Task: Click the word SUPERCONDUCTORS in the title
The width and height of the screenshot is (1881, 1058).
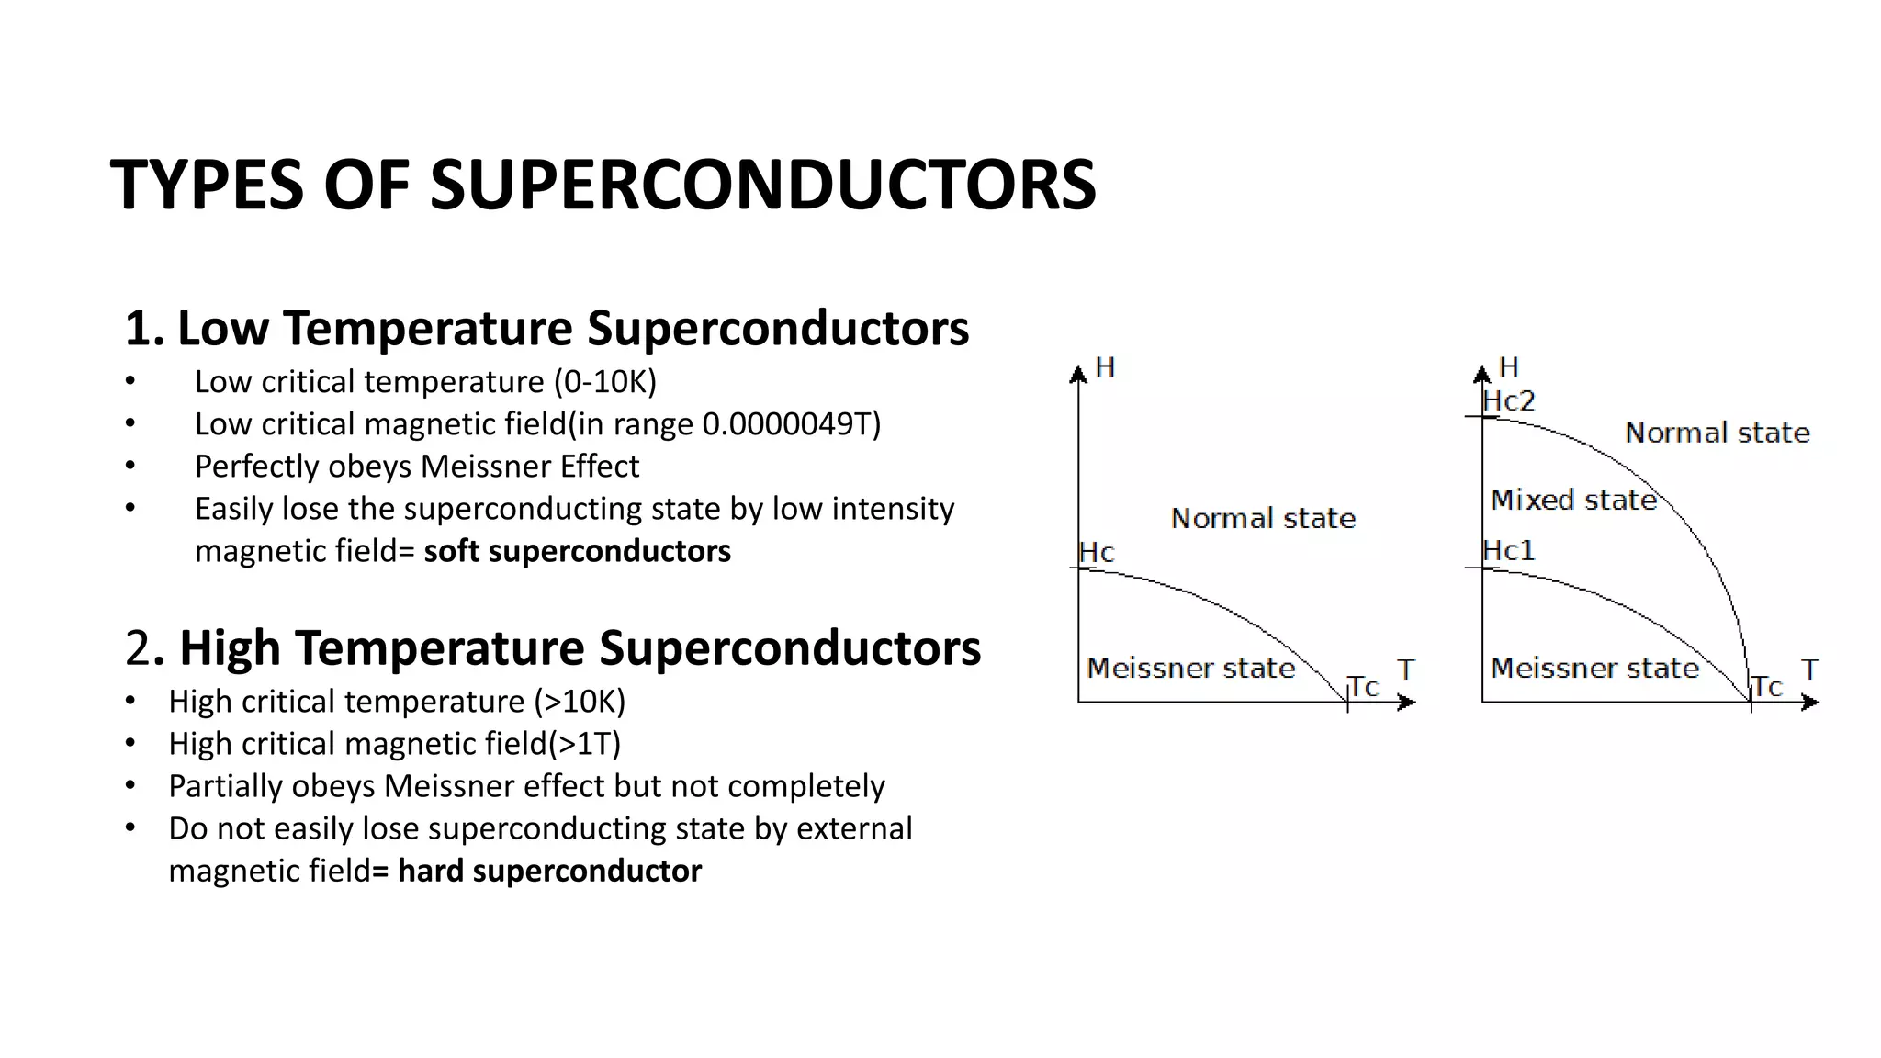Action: (x=762, y=185)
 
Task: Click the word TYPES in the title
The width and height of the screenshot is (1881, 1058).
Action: (x=207, y=185)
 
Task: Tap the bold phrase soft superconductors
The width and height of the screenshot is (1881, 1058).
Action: (x=577, y=551)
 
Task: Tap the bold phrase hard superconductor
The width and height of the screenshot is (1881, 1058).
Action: (x=549, y=871)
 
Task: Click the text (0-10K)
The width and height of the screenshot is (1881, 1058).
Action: (x=604, y=382)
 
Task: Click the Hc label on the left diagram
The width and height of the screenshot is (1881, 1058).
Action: (x=1097, y=553)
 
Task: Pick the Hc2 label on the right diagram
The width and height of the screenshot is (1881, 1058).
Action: (x=1508, y=401)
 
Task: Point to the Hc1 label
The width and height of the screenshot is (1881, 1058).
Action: (x=1508, y=551)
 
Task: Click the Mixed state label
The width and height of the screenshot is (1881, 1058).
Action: (x=1573, y=501)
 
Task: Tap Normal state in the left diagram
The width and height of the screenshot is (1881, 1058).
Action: (x=1263, y=519)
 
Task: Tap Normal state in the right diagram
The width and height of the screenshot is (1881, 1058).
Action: (x=1717, y=433)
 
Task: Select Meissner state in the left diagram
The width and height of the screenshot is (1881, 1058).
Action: (x=1190, y=668)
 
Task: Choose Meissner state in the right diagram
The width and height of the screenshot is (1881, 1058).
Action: (x=1594, y=668)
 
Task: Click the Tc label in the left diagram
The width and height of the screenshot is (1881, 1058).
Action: (x=1364, y=687)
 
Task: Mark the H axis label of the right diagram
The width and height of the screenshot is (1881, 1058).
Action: (x=1508, y=367)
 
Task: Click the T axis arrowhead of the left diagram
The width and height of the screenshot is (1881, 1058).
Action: (x=1406, y=703)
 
